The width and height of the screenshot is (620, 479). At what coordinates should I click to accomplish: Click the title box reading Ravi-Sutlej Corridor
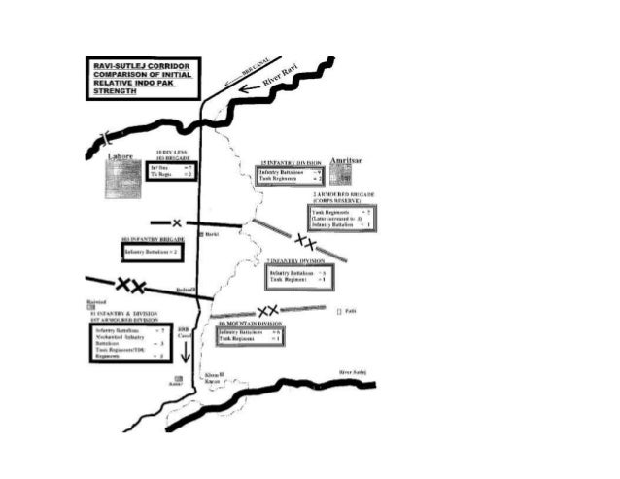(141, 77)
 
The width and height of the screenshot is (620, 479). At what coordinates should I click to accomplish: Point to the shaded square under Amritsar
(340, 174)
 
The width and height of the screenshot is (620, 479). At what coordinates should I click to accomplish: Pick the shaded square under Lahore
(122, 179)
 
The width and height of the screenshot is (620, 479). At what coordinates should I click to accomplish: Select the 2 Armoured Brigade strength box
(340, 218)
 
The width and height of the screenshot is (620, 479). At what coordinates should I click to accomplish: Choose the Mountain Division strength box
(251, 336)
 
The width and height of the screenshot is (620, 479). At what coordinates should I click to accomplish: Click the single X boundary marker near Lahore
(177, 223)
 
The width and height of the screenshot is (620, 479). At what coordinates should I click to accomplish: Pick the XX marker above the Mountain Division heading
(267, 310)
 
